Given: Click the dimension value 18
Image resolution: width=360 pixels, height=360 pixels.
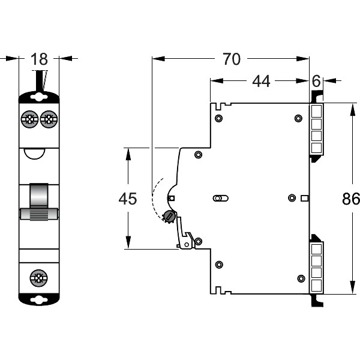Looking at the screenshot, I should click(x=40, y=59).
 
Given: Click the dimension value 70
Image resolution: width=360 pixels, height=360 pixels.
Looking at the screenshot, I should click(x=231, y=59).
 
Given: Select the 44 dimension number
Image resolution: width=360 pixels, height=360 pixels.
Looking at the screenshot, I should click(x=260, y=81).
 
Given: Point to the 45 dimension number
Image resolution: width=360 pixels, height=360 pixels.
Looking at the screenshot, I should click(x=128, y=199).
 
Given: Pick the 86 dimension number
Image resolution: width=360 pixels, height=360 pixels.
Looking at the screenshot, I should click(x=350, y=199).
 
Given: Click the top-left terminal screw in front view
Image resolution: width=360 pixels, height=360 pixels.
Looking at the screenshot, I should click(x=28, y=118).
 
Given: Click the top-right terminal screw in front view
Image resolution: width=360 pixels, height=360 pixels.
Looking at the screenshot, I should click(x=49, y=118).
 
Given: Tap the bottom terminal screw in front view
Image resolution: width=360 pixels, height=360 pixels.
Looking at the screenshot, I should click(x=39, y=278).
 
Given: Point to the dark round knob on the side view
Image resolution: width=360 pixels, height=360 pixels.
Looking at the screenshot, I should click(x=170, y=216).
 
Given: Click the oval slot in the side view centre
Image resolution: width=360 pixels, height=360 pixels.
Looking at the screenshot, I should click(x=220, y=198).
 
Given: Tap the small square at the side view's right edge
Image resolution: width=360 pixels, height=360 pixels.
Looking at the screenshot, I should click(x=304, y=198).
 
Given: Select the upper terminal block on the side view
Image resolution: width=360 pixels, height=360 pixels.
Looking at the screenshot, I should click(x=316, y=129).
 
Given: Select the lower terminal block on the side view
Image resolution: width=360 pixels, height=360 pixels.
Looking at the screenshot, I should click(x=316, y=267).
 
